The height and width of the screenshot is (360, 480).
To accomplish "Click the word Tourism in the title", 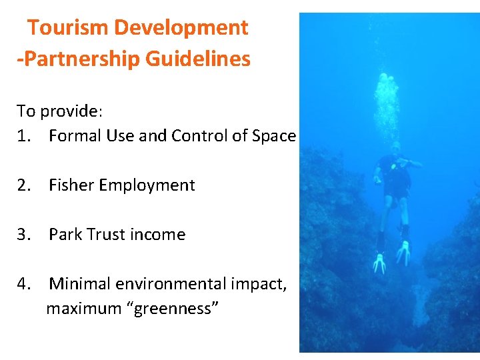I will [69, 28].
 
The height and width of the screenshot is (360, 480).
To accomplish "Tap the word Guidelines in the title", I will [198, 59].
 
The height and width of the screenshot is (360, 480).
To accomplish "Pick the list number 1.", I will [25, 136].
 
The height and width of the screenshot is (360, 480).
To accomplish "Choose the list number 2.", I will [25, 185].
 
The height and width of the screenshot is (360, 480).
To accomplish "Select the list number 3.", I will [25, 235].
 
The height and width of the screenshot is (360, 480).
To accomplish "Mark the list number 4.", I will [25, 284].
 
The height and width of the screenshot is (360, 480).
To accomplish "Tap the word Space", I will [274, 136].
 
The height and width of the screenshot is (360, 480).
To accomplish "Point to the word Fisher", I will [71, 185].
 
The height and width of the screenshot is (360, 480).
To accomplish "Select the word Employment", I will [147, 185].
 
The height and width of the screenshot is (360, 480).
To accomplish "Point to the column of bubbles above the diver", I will [387, 107].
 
